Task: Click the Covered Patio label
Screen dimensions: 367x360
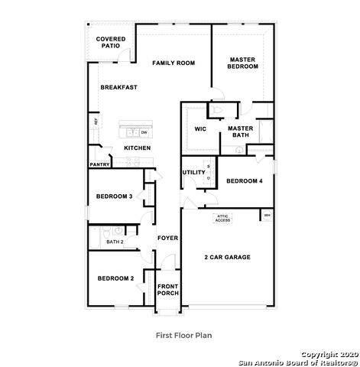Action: click(x=110, y=42)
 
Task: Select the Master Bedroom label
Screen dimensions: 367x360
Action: click(x=242, y=63)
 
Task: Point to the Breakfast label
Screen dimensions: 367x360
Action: click(x=119, y=87)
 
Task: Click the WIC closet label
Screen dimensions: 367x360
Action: click(x=201, y=128)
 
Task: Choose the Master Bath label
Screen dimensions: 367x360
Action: click(x=241, y=132)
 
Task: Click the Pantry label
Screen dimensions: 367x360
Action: click(x=100, y=164)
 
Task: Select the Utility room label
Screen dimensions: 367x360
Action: click(x=193, y=172)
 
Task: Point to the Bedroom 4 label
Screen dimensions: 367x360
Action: click(x=244, y=180)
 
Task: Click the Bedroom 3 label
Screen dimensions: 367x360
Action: click(x=115, y=196)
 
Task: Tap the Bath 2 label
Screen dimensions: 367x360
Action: click(x=115, y=242)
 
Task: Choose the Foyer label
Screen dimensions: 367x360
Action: click(x=167, y=238)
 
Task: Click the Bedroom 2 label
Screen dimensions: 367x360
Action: click(x=115, y=278)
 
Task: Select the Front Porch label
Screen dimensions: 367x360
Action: click(x=167, y=291)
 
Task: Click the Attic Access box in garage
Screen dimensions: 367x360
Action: click(x=222, y=219)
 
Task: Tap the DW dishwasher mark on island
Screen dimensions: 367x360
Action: click(x=144, y=132)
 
